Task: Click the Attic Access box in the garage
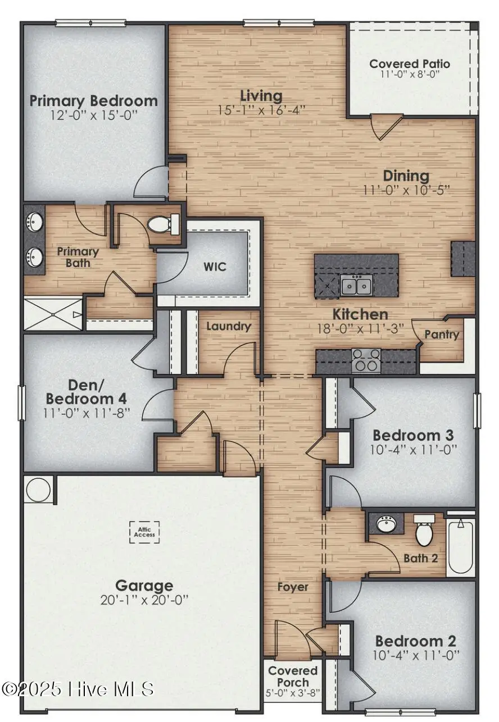pos(144,531)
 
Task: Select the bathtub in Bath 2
pos(461,547)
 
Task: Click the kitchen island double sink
pos(356,286)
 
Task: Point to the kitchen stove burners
pos(366,360)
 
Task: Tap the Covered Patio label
pos(410,63)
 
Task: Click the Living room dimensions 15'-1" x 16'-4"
pos(261,110)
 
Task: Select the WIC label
pos(215,266)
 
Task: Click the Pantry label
pos(441,335)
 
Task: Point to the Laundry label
pos(228,326)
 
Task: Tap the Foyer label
pos(293,587)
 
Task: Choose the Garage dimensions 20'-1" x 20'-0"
pos(144,600)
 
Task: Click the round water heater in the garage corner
pos(38,490)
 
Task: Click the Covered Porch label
pos(293,676)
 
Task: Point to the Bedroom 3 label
pos(413,435)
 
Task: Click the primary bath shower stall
pos(53,315)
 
